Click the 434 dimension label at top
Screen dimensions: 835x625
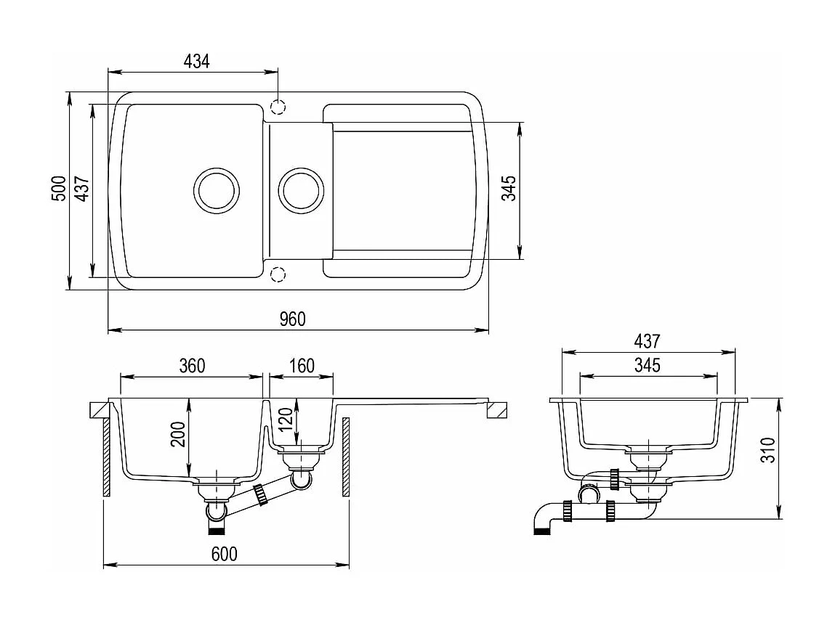(x=196, y=62)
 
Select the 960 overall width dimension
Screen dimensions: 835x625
(x=292, y=319)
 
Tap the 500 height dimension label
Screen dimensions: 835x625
(x=59, y=188)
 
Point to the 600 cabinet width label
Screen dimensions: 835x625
(x=225, y=554)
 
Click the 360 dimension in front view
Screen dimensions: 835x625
(x=192, y=366)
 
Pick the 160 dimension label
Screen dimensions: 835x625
(x=302, y=366)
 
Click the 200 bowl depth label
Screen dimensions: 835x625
(x=178, y=434)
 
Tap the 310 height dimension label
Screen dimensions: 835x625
(x=768, y=450)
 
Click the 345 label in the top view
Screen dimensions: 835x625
(x=509, y=188)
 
